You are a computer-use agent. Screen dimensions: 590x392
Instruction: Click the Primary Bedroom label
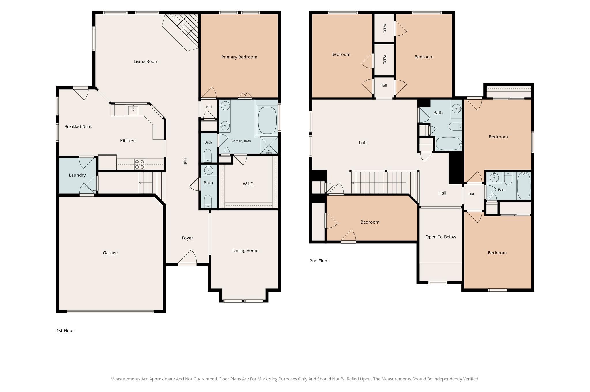(239, 57)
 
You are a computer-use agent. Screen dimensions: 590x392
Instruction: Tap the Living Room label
(146, 62)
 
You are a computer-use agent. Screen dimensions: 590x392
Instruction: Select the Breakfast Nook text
(78, 127)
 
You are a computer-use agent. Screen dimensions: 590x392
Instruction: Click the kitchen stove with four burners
(140, 164)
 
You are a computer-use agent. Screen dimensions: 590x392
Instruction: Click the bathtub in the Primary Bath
(267, 120)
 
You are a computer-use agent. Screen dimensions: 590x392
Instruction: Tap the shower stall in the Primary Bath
(269, 145)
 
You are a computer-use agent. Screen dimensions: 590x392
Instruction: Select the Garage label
(110, 253)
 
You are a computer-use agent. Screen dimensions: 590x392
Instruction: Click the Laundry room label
(77, 175)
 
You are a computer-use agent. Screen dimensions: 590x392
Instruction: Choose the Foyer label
(187, 238)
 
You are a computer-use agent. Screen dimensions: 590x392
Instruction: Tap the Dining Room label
(245, 251)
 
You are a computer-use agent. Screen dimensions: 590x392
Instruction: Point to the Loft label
(363, 143)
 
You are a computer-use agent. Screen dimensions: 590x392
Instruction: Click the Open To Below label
(441, 237)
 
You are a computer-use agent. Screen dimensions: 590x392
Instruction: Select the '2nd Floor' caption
(319, 261)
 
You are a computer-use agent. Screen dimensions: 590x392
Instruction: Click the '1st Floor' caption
(65, 330)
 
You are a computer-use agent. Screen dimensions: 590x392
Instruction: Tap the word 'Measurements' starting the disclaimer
(125, 379)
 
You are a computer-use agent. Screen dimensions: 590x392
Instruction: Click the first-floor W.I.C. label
(248, 184)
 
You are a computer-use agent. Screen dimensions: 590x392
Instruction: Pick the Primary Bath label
(241, 141)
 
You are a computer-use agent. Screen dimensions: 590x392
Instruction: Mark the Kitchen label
(128, 141)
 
